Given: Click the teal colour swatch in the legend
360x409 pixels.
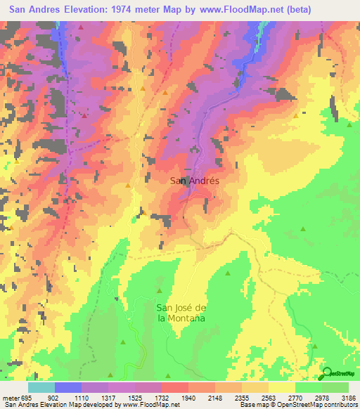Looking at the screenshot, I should [x=41, y=387].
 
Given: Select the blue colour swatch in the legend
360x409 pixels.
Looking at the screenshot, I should [x=68, y=387].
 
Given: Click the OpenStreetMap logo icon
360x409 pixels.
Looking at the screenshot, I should [x=326, y=373].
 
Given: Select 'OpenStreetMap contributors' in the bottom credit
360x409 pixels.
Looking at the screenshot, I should [x=316, y=405].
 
